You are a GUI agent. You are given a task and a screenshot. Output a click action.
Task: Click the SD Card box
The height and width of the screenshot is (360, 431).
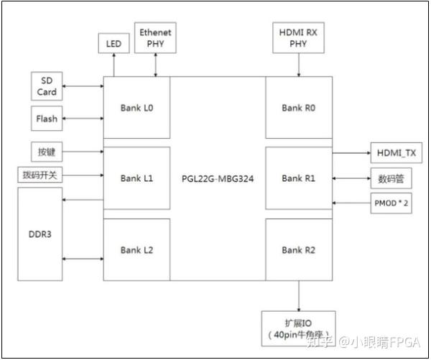coord(47,86)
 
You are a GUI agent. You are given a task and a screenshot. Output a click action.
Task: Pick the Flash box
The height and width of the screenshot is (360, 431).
coord(47,119)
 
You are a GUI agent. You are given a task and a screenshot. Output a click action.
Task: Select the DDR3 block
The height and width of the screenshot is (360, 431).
coord(40,235)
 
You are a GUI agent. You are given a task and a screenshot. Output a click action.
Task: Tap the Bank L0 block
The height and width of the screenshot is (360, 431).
coord(137,108)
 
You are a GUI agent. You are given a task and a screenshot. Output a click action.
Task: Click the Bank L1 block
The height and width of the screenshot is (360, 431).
coord(137,178)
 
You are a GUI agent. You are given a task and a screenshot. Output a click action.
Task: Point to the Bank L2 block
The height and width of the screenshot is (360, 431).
coord(137,249)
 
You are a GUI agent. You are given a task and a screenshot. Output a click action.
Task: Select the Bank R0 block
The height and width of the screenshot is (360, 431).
coord(299,108)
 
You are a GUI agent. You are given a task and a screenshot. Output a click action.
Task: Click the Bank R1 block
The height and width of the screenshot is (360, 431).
coord(299,178)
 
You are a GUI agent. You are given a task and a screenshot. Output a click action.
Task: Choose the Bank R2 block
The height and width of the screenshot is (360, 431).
coord(299,249)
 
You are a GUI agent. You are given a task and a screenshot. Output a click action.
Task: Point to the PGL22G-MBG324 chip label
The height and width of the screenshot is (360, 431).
coord(218,179)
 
